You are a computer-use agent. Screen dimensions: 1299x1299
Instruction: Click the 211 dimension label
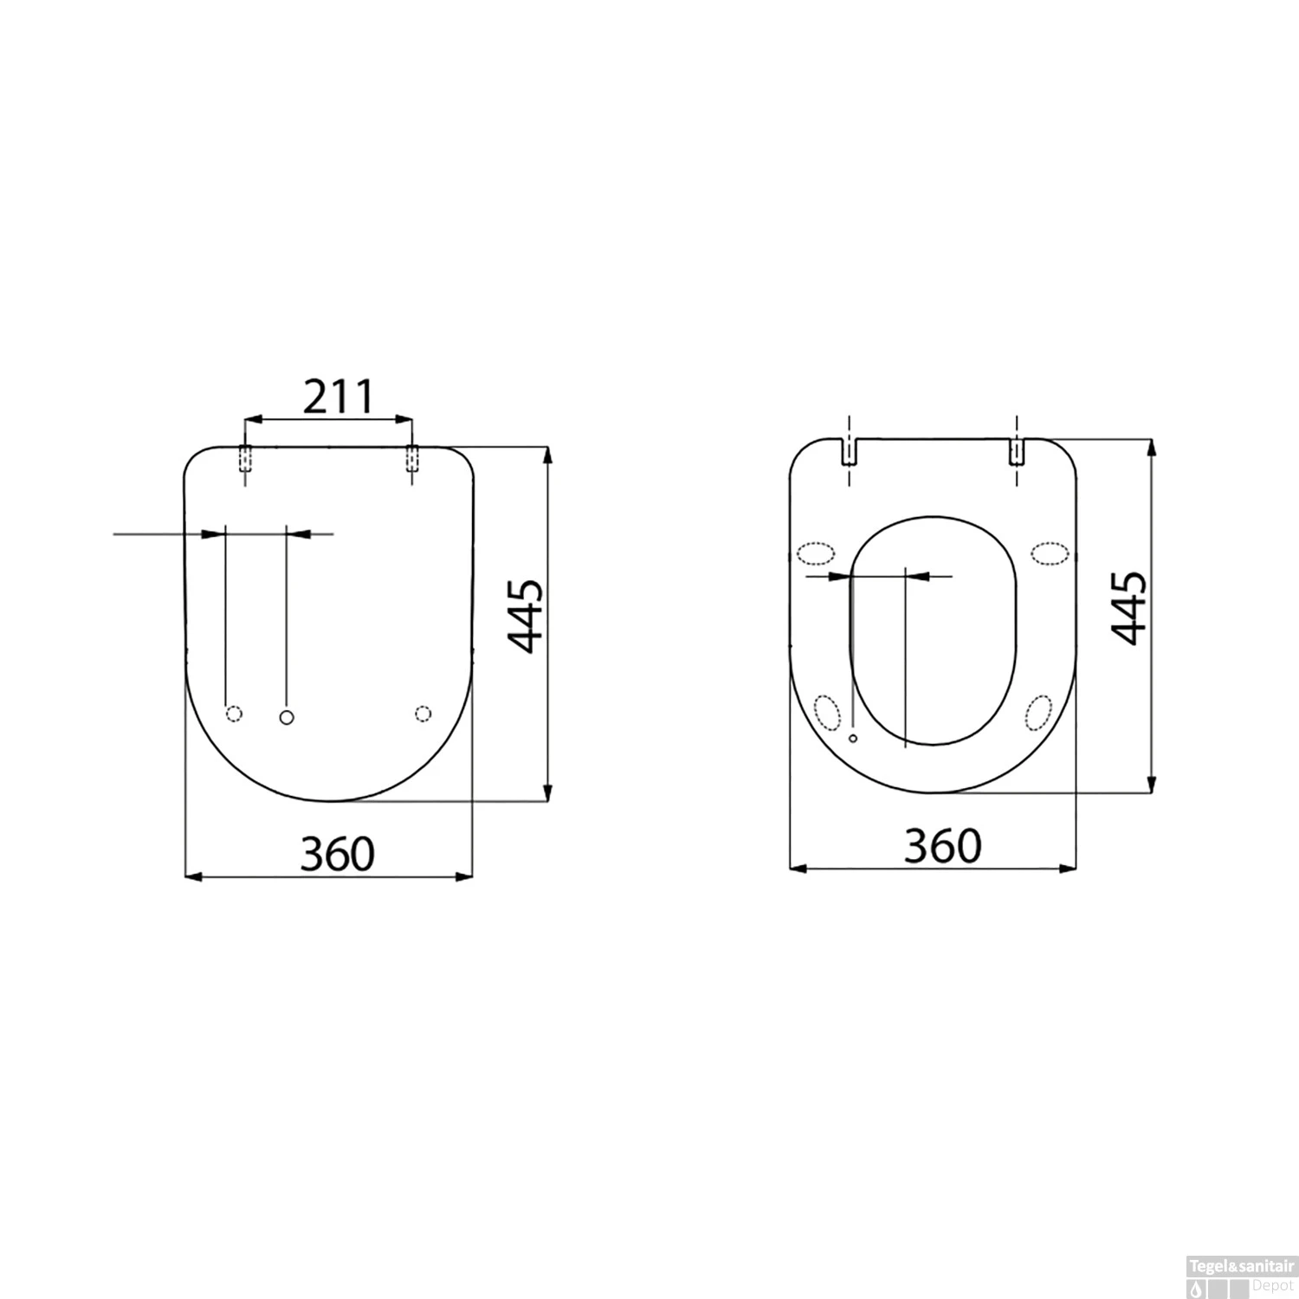[x=338, y=397]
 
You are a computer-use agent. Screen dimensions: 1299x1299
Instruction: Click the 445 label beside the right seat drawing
[x=1129, y=608]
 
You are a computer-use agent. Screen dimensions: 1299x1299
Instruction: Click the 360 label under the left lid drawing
[x=338, y=854]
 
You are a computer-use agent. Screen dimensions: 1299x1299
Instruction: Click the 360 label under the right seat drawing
[x=943, y=846]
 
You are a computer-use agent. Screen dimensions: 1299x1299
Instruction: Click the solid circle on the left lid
[x=288, y=716]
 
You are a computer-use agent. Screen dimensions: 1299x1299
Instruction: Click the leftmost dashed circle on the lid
[x=234, y=713]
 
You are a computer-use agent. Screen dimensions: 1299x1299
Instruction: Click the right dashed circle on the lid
[x=423, y=713]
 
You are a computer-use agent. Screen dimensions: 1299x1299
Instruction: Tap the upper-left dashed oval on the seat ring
[x=815, y=553]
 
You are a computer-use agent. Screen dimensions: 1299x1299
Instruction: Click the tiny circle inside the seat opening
[x=853, y=738]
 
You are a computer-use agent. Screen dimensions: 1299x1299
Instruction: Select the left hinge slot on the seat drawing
[x=850, y=451]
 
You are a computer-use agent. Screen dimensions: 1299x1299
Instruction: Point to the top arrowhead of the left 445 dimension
[x=546, y=454]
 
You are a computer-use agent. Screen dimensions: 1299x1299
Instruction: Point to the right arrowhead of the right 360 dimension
[x=1070, y=867]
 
